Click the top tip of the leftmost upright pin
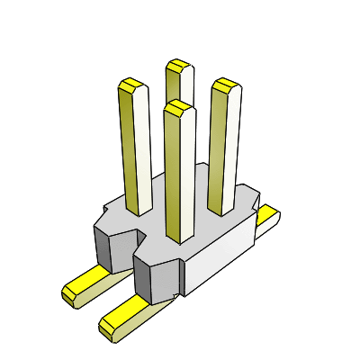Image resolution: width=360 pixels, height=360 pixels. pos(132,86)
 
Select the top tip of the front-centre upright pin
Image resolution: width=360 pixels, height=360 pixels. pos(178,107)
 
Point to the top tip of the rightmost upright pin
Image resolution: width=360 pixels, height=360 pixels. pos(224,85)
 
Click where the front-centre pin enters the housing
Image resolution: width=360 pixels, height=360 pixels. pos(180,239)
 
